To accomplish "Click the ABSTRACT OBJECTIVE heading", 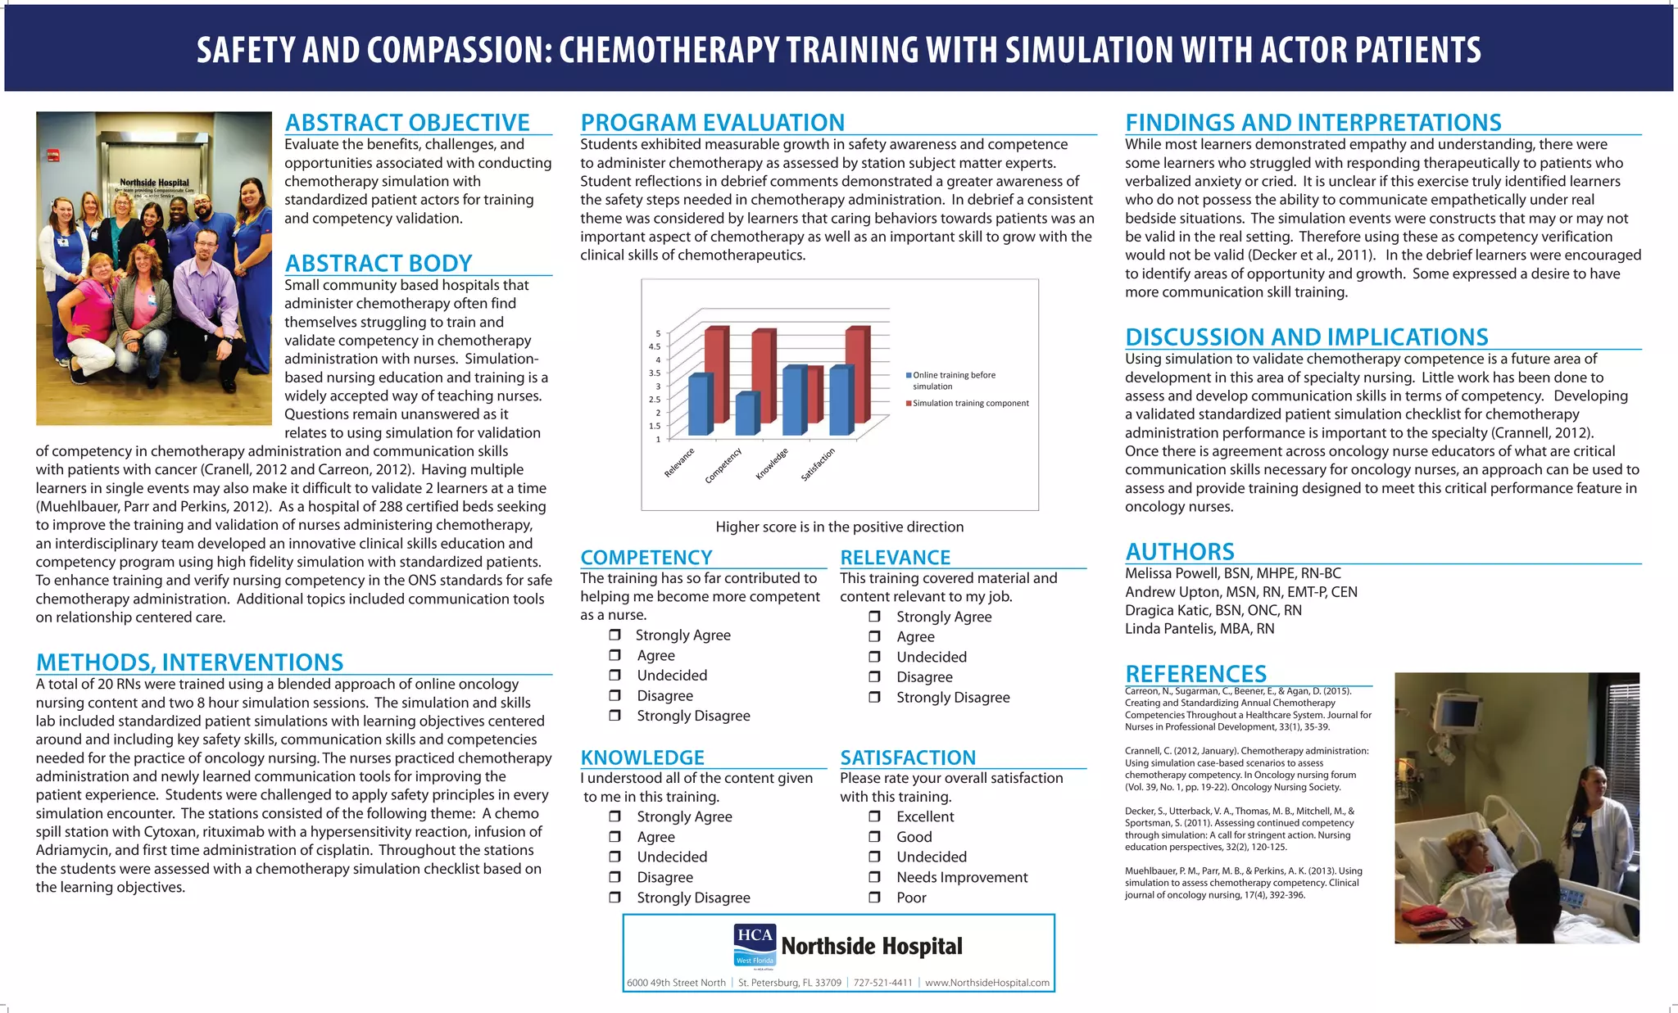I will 407,123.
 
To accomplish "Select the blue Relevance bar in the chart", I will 699,405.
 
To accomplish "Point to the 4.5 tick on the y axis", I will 655,346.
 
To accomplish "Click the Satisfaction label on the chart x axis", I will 819,464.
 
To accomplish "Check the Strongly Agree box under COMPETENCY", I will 615,635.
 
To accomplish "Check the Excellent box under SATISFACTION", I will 874,816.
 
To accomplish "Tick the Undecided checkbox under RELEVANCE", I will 874,657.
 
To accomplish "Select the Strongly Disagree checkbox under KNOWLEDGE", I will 615,898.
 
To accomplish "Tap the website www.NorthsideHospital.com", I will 986,983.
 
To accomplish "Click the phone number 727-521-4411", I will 882,983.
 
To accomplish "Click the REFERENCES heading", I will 1195,674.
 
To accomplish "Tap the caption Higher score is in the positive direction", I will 839,527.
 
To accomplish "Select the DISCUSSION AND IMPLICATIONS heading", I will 1306,337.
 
